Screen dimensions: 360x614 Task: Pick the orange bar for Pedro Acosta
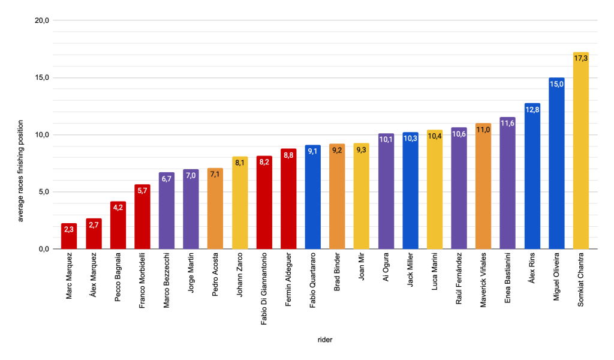[x=215, y=210]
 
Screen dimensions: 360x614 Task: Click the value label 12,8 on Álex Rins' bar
[x=532, y=109]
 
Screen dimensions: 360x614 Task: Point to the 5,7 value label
[x=142, y=191]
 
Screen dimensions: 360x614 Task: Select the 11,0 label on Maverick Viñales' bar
[x=483, y=130]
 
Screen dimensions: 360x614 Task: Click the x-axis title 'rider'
[x=325, y=340]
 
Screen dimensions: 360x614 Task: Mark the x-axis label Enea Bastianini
[x=508, y=278]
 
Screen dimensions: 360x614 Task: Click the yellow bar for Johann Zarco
[x=240, y=204]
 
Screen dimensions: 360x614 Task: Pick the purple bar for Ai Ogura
[x=386, y=192]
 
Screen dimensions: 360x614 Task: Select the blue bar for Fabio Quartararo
[x=313, y=198]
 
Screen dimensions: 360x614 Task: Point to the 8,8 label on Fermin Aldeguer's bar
[x=288, y=155]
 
